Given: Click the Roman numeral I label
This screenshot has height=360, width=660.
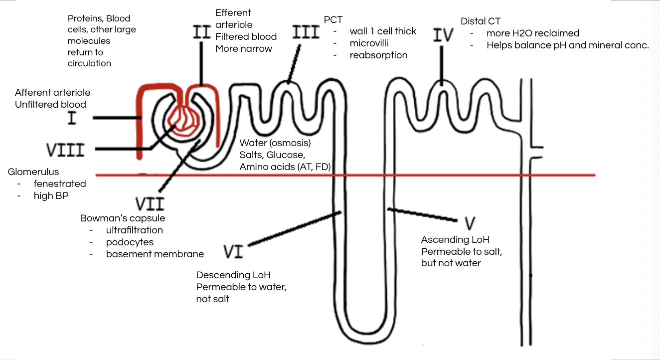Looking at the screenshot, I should (x=72, y=119).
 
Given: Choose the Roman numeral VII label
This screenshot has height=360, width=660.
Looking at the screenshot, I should (x=150, y=203).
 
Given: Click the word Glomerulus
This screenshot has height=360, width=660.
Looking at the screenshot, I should (x=33, y=172).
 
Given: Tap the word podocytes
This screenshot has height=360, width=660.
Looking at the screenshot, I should (x=130, y=242).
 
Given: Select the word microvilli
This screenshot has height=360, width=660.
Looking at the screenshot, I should (x=369, y=43).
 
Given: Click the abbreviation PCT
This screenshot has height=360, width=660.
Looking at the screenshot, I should (x=333, y=20).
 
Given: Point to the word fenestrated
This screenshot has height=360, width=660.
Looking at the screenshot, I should (x=60, y=183).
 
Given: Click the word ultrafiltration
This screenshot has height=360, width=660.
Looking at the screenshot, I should (x=134, y=230).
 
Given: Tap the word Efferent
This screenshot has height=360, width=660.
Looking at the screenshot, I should (x=233, y=12).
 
